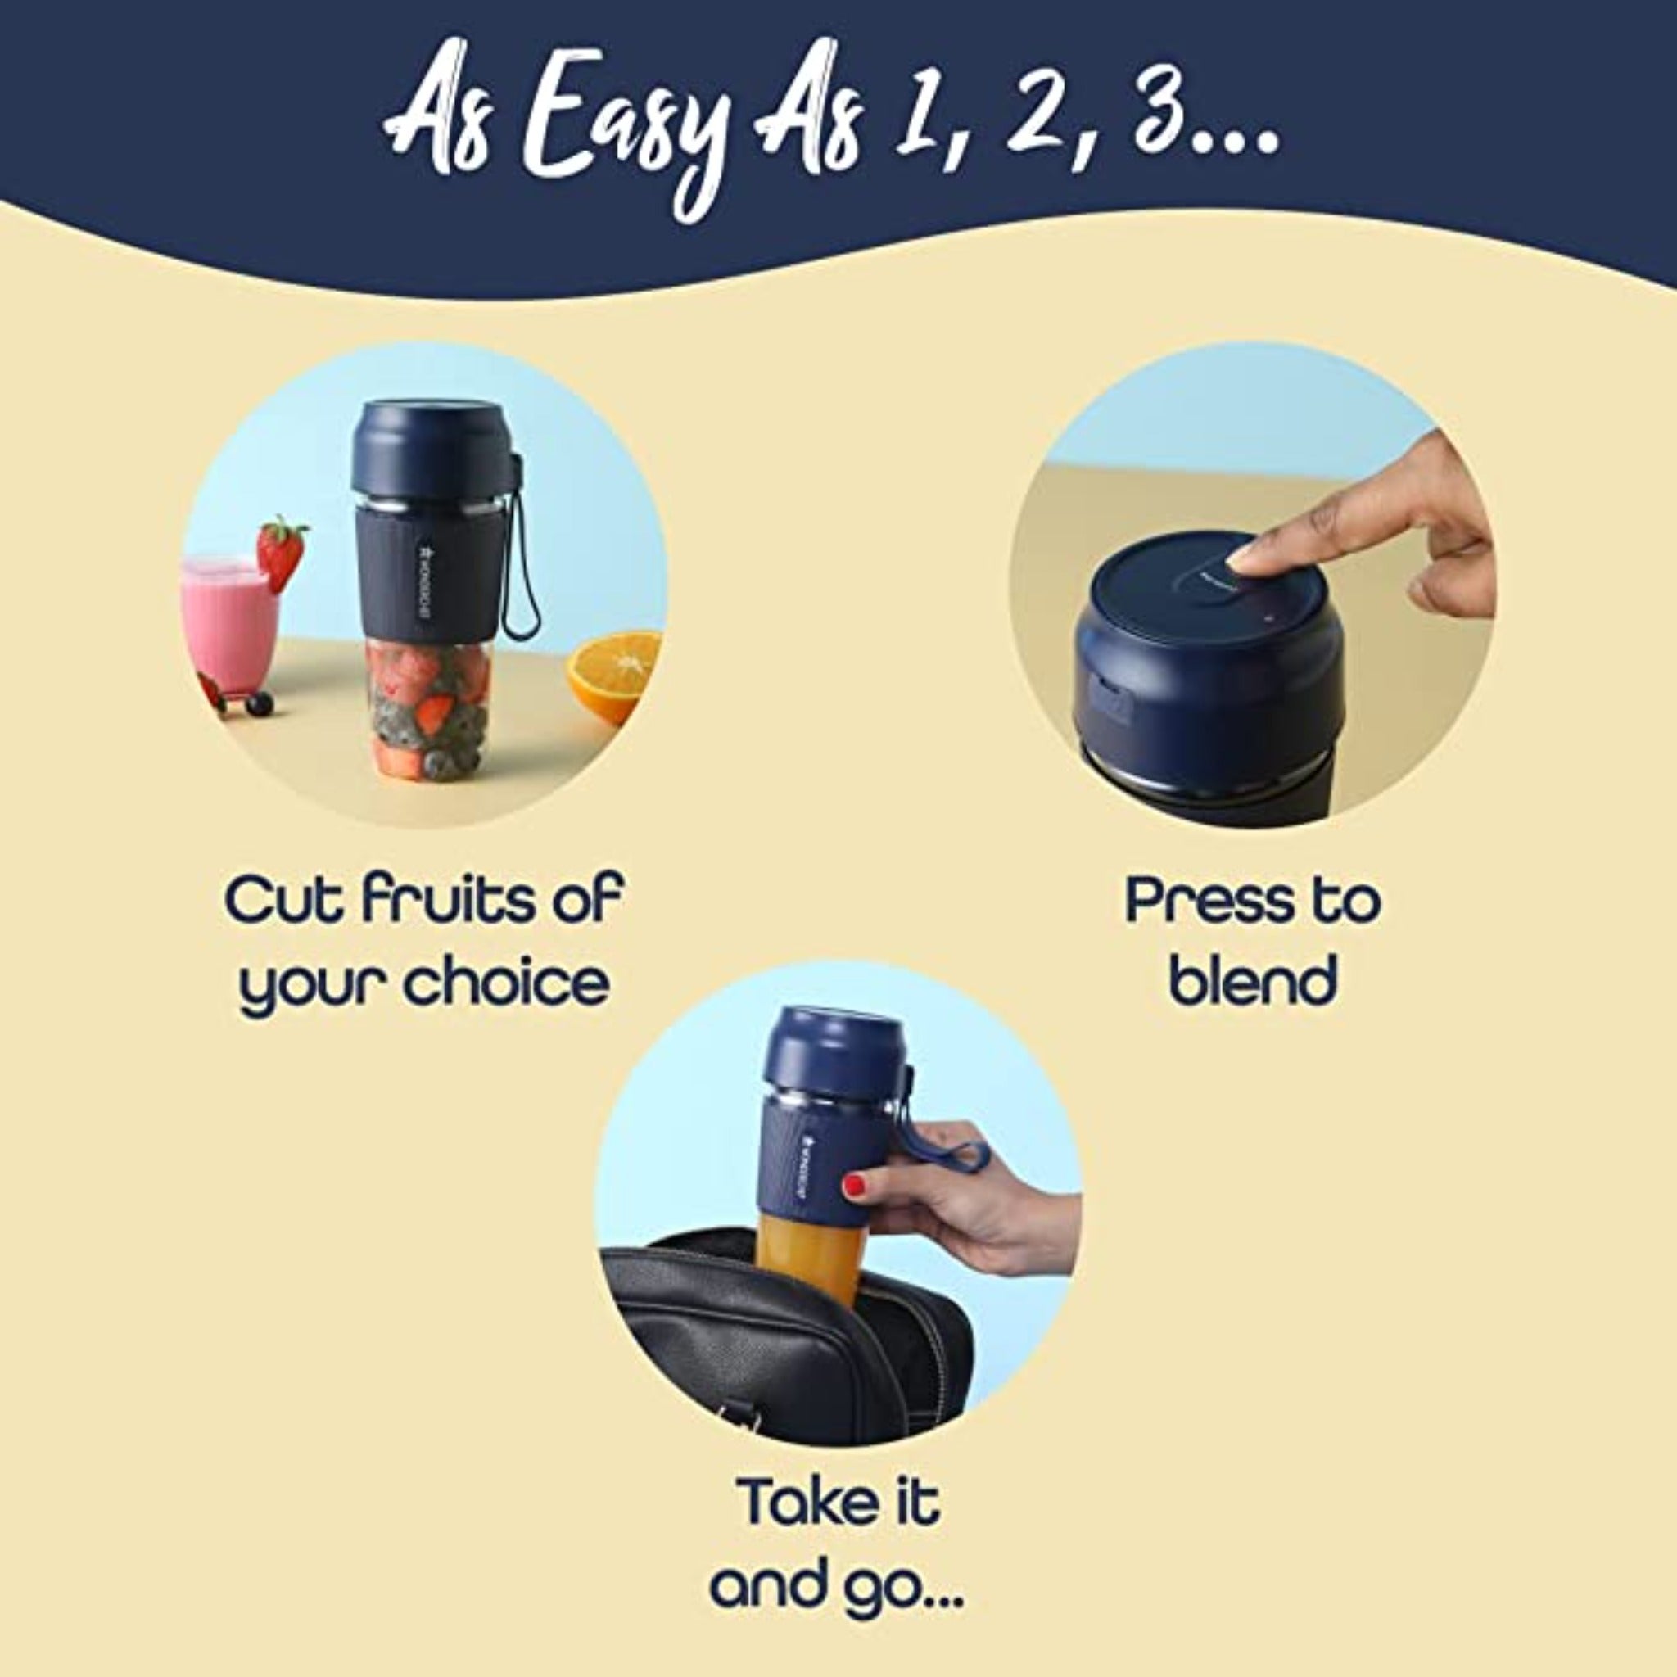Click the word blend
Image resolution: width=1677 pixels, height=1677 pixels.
pyautogui.click(x=1252, y=981)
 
